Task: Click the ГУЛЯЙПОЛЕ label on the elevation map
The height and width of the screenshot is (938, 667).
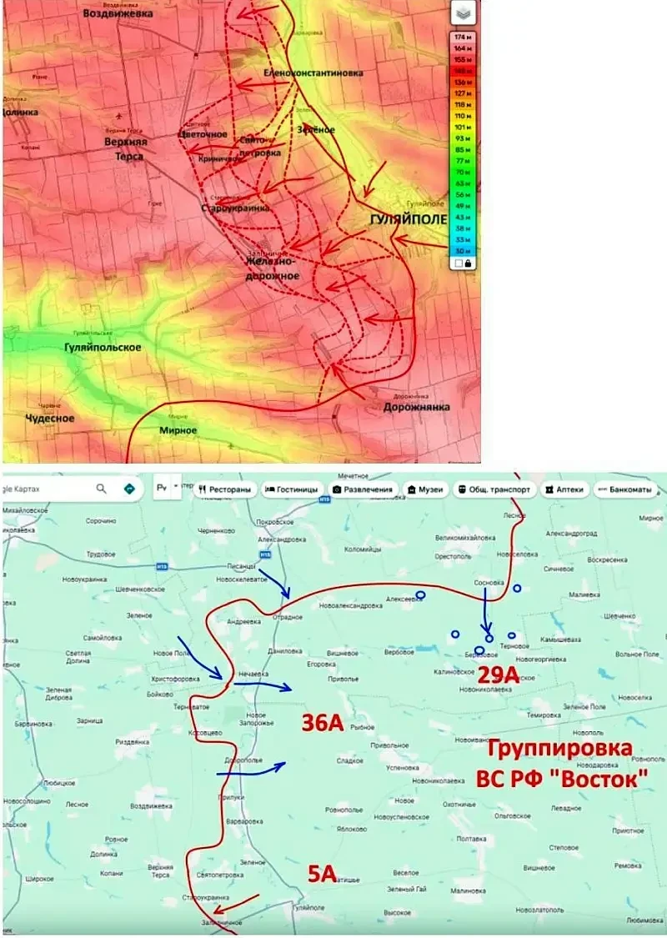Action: coord(407,218)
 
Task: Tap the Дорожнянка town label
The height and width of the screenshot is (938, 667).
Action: coord(417,407)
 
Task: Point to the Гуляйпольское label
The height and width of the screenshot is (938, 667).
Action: coord(103,347)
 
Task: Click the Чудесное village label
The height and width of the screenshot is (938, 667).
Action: coord(50,419)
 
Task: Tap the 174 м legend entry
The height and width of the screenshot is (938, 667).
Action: coord(461,38)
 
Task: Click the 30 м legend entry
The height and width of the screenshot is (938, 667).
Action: coord(461,250)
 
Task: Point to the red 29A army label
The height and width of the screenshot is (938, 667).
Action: coord(499,674)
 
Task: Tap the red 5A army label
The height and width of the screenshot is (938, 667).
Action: coord(322,874)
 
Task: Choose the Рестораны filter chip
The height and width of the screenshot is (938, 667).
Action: coord(225,489)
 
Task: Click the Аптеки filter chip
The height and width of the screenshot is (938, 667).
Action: coord(566,489)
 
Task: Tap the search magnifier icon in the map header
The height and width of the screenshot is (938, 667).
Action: coord(101,489)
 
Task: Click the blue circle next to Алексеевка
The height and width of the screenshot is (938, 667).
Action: coord(420,594)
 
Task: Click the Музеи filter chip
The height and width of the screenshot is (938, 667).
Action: coord(425,489)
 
